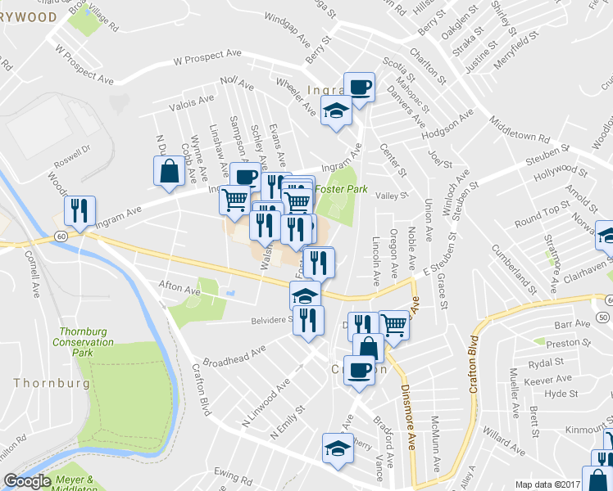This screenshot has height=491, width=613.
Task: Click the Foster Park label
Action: (x=340, y=188)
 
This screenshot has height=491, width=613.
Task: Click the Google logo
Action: (x=27, y=481)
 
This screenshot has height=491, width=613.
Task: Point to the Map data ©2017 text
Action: (x=547, y=484)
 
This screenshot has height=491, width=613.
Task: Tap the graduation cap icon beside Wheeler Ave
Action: (x=335, y=110)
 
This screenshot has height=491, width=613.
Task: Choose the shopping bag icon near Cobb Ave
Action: (x=168, y=171)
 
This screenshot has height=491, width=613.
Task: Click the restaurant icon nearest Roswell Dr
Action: (x=79, y=209)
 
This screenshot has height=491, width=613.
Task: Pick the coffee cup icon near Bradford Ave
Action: (x=359, y=369)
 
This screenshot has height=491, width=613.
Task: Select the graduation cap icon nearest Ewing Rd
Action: (x=335, y=447)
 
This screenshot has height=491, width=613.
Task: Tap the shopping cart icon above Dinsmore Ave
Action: (x=395, y=324)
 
